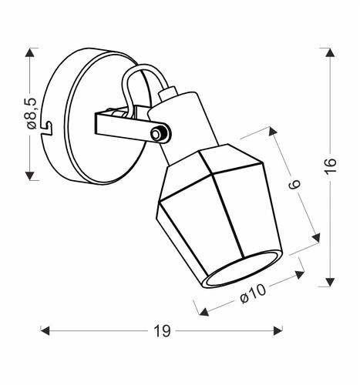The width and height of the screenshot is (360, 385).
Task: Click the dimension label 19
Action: (x=161, y=331)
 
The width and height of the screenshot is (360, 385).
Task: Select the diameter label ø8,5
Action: (x=31, y=113)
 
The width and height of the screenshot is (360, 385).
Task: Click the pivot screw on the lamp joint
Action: (x=159, y=135)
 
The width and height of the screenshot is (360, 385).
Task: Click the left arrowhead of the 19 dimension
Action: (x=45, y=330)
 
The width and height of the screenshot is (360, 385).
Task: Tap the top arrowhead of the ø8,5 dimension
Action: (x=31, y=52)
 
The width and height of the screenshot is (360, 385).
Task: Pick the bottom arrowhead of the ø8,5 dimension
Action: (x=31, y=175)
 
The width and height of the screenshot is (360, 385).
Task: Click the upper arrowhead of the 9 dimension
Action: (x=276, y=132)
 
